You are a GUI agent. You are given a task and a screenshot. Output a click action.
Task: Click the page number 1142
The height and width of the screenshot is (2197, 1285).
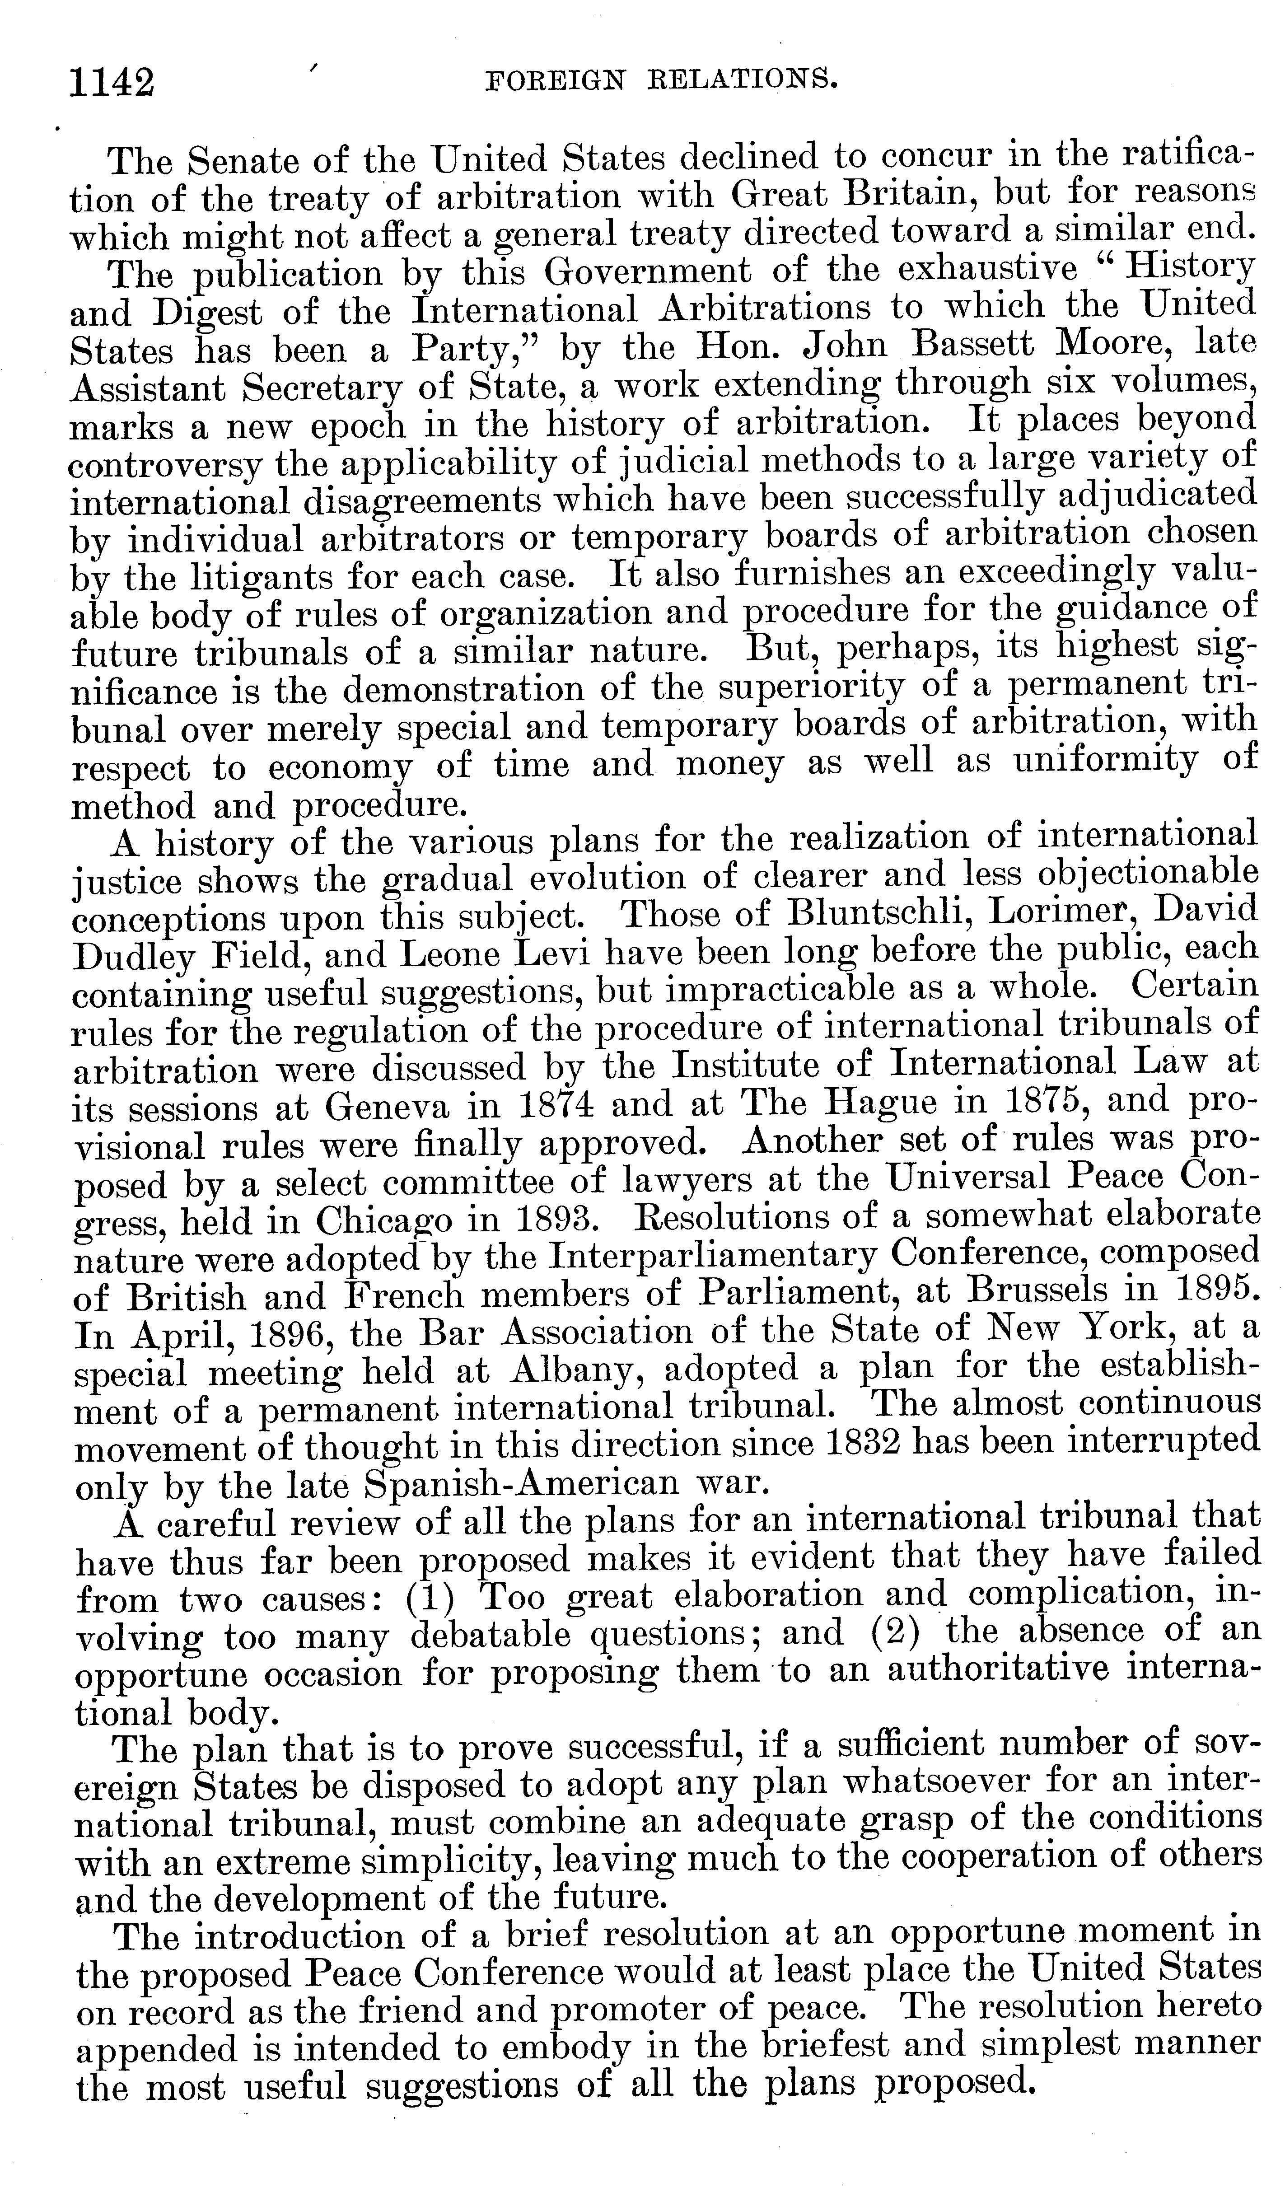(x=112, y=83)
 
